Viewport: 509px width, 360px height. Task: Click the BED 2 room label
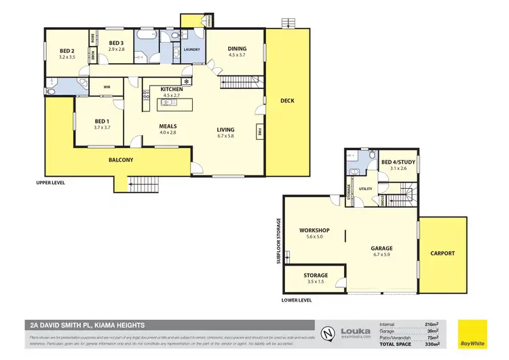[66, 51]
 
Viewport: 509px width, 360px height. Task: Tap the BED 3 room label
[117, 43]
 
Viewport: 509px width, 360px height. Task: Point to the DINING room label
[237, 48]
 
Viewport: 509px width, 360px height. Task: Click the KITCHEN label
[171, 89]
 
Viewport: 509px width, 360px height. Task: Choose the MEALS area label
[168, 126]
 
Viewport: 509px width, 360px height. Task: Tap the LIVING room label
[225, 130]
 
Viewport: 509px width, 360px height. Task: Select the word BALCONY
[121, 160]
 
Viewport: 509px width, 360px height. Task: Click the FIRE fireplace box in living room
[259, 132]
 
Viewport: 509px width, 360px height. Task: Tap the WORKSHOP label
[314, 230]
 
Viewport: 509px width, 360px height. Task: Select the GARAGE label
[381, 249]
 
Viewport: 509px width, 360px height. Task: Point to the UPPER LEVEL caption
[52, 183]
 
